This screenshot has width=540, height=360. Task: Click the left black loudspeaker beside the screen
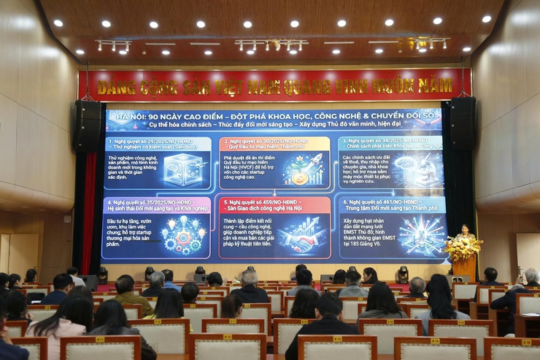click(x=88, y=125)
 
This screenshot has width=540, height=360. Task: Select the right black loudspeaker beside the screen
click(x=462, y=123)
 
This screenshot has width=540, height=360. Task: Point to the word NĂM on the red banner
click(x=435, y=85)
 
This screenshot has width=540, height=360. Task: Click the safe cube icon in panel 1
click(x=182, y=169)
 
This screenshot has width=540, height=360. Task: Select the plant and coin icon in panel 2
click(x=303, y=169)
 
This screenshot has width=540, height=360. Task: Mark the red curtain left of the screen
click(x=89, y=212)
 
